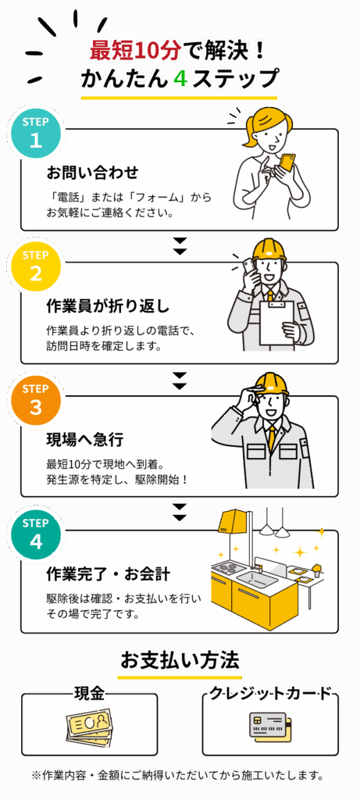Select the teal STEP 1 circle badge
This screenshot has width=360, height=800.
tap(35, 134)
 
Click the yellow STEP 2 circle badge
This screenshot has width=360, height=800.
tap(35, 266)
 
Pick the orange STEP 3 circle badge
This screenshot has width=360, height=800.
tap(35, 401)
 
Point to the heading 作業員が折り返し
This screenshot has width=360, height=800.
tap(108, 305)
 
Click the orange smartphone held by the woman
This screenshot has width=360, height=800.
tap(287, 161)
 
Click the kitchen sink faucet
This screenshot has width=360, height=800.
tap(256, 566)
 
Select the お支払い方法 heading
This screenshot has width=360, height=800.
tap(180, 660)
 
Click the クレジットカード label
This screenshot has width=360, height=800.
tap(270, 693)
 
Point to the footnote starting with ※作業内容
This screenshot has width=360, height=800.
tap(178, 776)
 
